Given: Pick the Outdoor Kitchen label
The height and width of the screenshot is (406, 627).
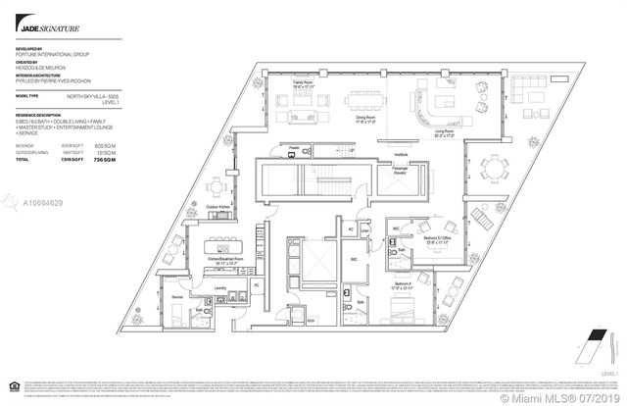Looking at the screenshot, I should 218,207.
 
